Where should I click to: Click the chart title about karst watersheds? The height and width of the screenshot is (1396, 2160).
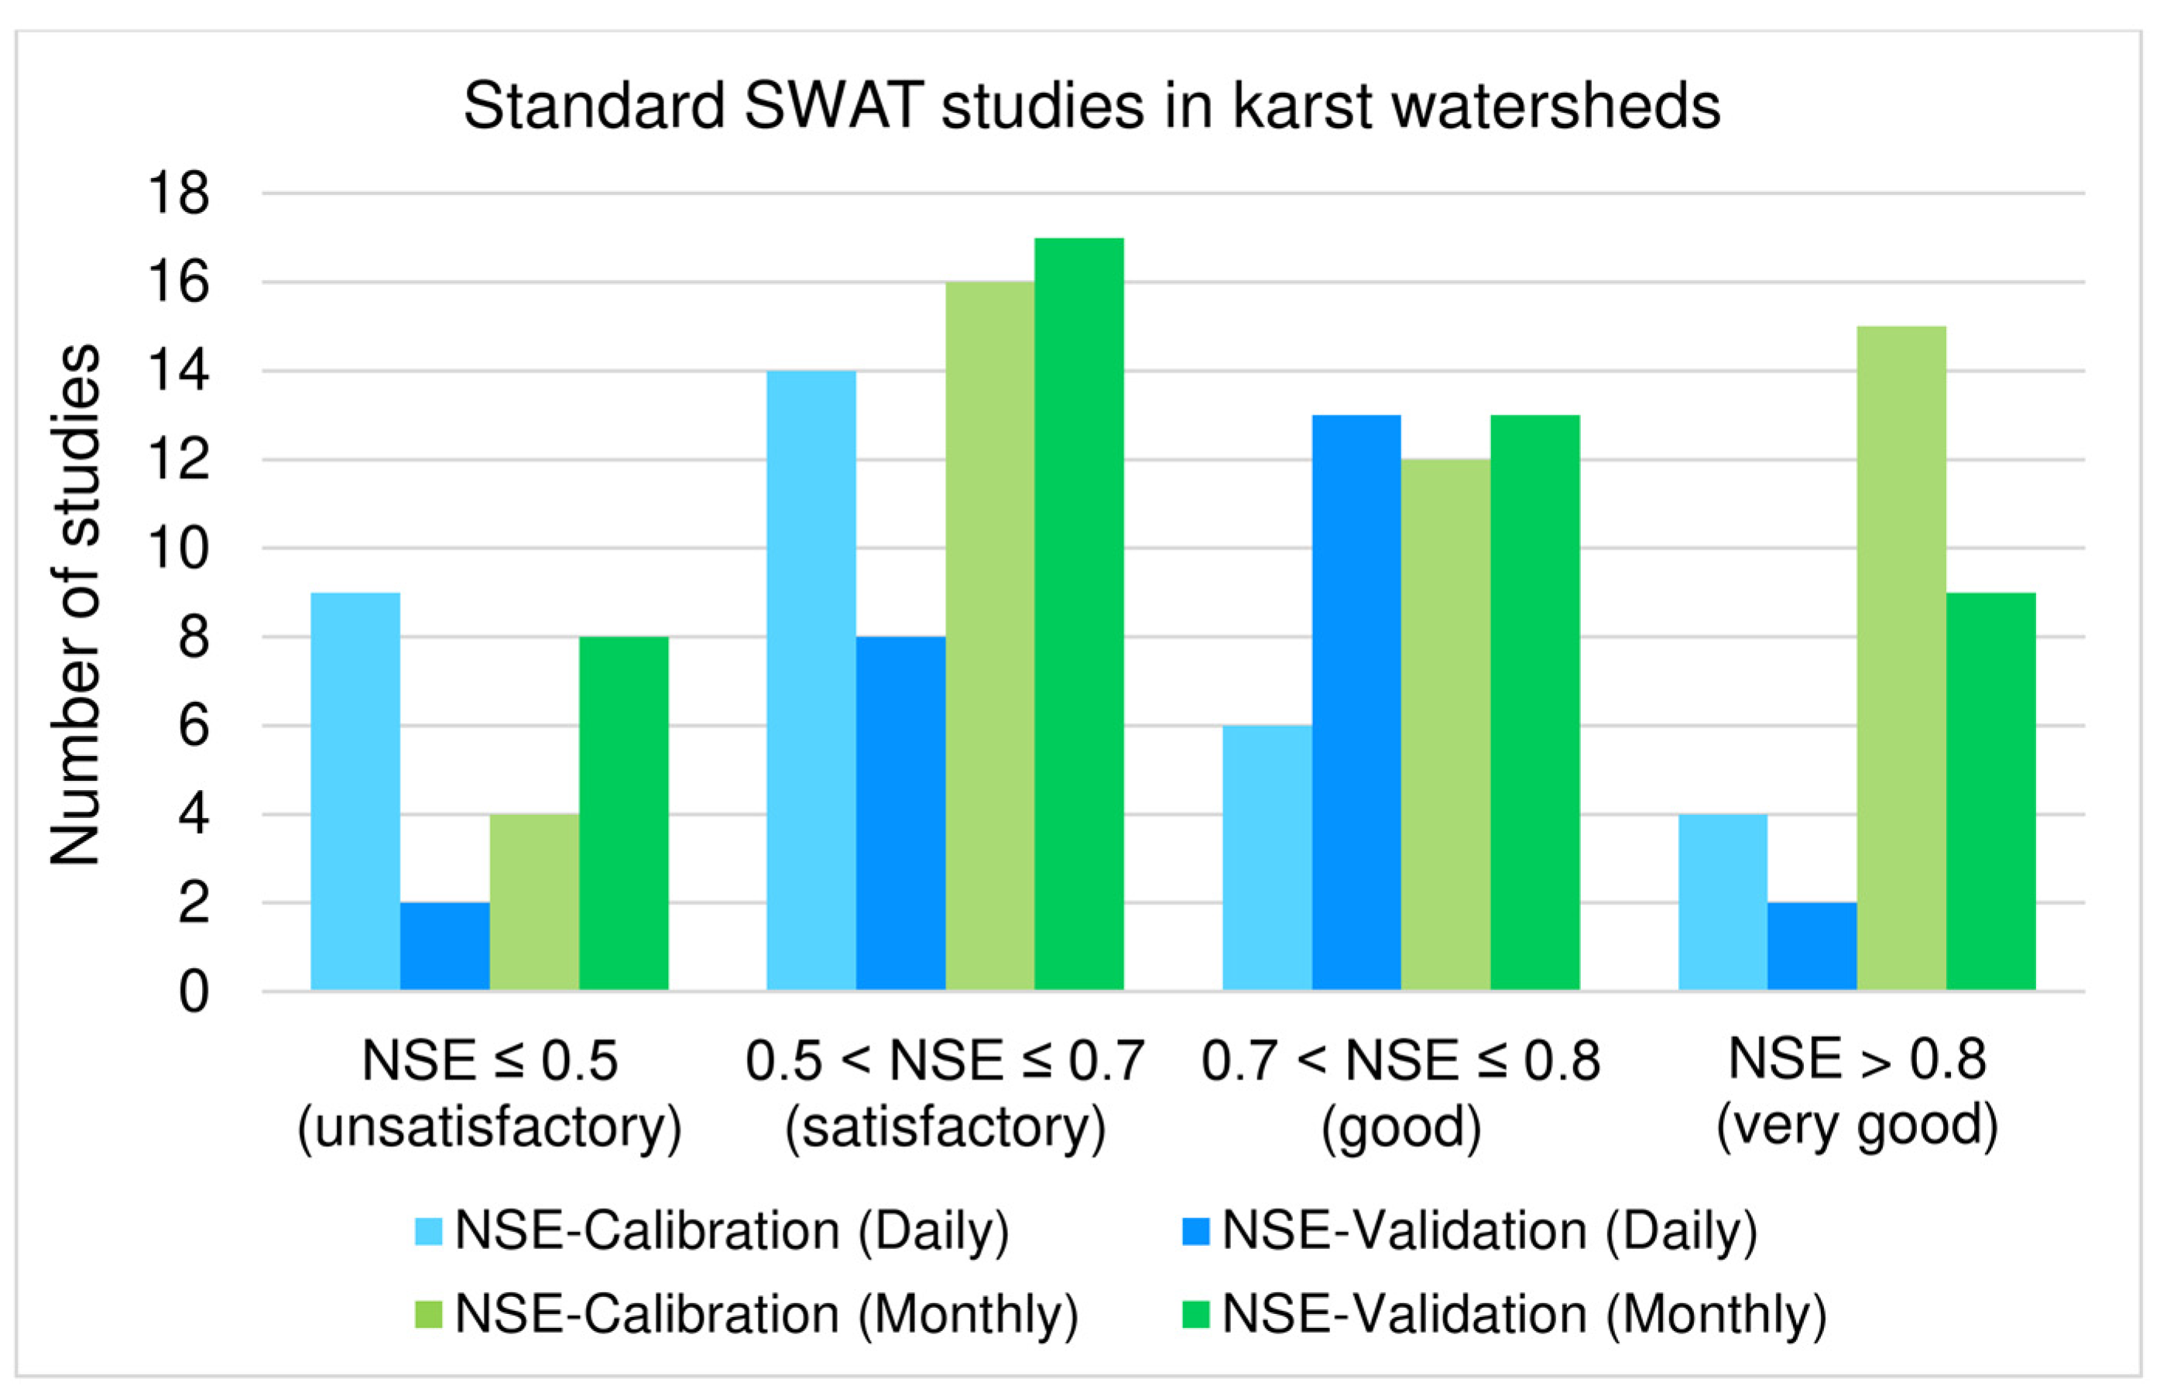point(1091,107)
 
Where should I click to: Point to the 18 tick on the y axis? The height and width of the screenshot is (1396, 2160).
point(179,194)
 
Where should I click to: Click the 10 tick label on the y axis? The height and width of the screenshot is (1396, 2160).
point(179,549)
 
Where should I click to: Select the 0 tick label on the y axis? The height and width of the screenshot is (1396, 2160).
point(193,993)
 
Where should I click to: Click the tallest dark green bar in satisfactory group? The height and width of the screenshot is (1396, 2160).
point(1078,614)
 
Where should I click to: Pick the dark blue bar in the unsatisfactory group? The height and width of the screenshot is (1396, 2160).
point(444,946)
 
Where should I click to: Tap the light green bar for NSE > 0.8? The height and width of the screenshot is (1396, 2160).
point(1901,658)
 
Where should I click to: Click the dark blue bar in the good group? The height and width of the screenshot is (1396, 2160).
point(1356,703)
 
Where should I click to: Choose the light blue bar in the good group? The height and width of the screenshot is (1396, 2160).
point(1267,857)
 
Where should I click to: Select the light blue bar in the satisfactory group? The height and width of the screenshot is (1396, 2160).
point(811,680)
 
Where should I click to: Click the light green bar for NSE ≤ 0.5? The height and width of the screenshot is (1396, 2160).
point(534,902)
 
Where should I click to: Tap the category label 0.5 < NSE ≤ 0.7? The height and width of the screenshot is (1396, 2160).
point(945,1059)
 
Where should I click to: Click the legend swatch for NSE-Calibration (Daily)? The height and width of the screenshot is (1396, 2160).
point(428,1231)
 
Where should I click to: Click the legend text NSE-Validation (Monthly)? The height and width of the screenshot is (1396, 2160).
point(1524,1313)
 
